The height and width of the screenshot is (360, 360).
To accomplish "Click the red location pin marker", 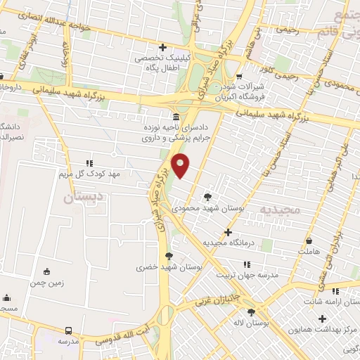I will [181, 165].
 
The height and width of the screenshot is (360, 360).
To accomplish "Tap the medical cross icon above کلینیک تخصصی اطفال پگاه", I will [162, 46].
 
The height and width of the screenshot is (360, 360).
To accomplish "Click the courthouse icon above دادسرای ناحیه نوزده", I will [176, 117].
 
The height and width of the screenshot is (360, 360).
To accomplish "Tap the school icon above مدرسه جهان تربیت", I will [246, 264].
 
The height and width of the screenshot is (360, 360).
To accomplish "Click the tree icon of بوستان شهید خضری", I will [167, 256].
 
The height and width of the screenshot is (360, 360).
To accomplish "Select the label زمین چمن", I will [47, 282].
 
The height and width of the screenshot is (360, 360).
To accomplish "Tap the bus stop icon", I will [68, 330].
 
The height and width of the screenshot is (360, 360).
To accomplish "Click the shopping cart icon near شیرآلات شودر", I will [239, 76].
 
